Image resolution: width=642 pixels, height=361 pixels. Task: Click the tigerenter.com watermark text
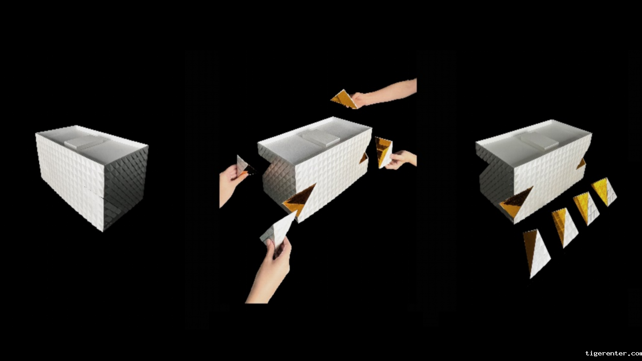pyautogui.click(x=613, y=353)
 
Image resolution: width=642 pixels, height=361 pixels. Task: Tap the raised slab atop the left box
pyautogui.click(x=86, y=142)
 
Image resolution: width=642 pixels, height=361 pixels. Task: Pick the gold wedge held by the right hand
pyautogui.click(x=384, y=152)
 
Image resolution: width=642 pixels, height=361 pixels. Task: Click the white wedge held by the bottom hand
pyautogui.click(x=277, y=229)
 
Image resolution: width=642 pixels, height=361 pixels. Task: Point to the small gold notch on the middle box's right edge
pyautogui.click(x=364, y=158)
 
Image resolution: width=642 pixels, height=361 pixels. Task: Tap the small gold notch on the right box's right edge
pyautogui.click(x=582, y=164)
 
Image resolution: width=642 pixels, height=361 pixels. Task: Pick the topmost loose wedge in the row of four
pyautogui.click(x=604, y=191)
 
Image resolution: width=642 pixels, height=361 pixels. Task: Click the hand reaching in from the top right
pyautogui.click(x=384, y=93)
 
